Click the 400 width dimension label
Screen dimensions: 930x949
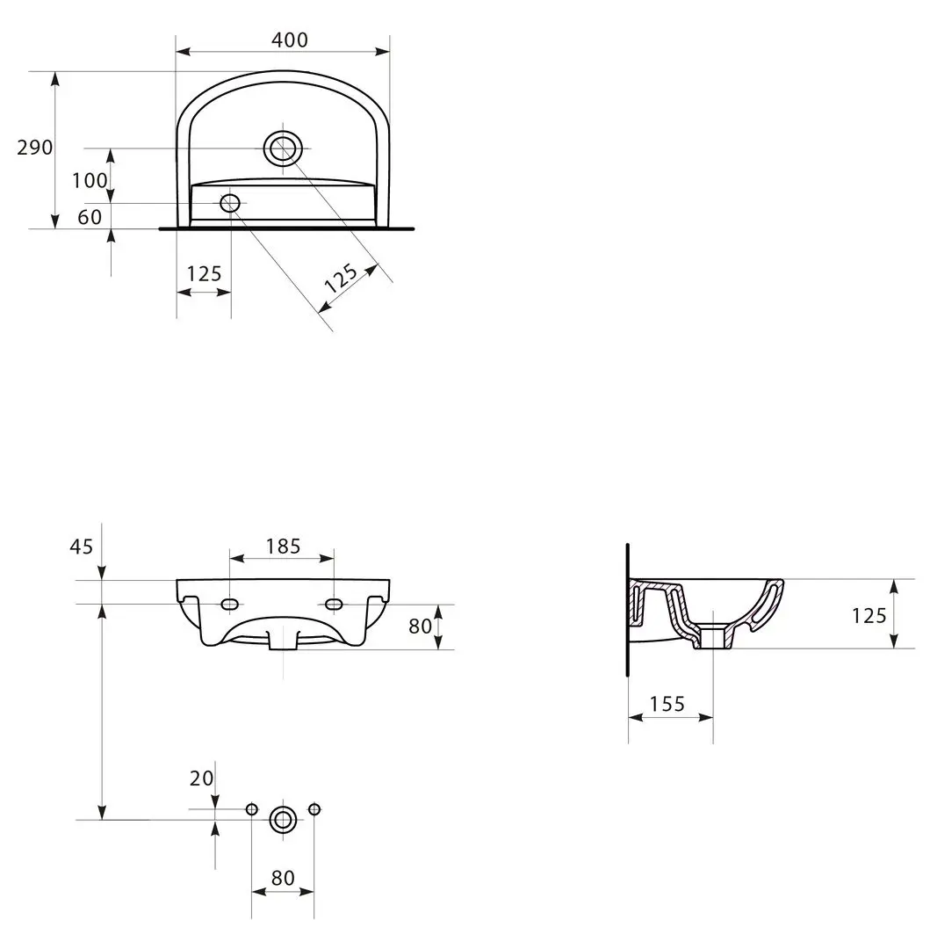click(290, 40)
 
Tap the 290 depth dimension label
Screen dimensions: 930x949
click(35, 148)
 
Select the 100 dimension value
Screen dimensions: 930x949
click(90, 180)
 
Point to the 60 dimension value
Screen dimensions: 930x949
click(90, 217)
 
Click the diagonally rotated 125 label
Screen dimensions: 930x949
click(341, 278)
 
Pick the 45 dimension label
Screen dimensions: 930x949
click(82, 547)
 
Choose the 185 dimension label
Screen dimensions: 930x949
click(283, 547)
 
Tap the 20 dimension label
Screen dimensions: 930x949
click(201, 779)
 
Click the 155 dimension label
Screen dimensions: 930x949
click(667, 704)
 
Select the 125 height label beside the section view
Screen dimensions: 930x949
click(869, 616)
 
